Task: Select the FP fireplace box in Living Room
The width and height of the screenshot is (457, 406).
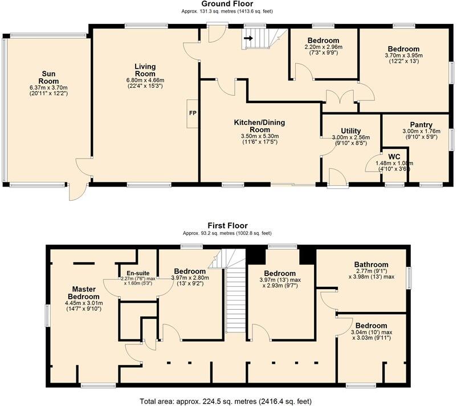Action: click(x=192, y=112)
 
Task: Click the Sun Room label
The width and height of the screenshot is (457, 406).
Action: click(x=48, y=77)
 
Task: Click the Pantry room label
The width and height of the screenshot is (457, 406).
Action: click(x=421, y=125)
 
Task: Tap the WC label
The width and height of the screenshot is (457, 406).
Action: click(x=394, y=156)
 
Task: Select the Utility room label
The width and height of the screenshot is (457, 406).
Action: click(x=351, y=131)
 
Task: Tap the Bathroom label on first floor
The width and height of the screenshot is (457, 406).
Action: click(x=371, y=265)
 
